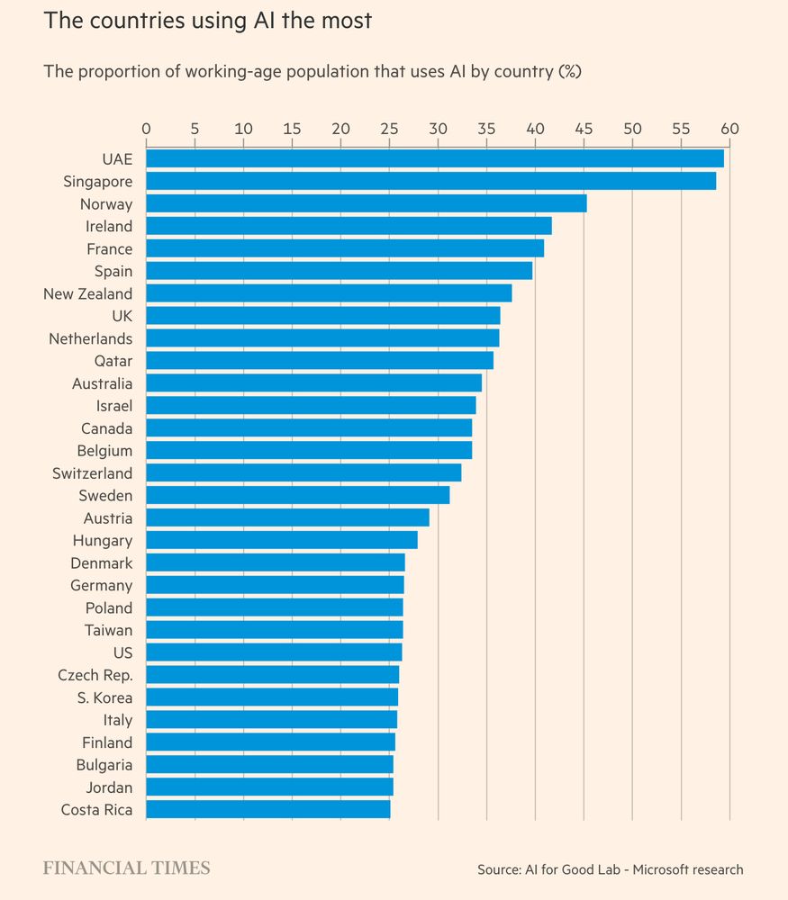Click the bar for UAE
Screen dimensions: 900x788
point(434,159)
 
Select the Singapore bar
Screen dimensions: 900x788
point(430,182)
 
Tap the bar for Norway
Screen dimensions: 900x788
point(366,204)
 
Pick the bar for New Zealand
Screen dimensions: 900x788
point(329,293)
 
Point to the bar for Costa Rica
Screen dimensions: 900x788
point(267,810)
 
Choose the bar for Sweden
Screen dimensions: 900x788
point(297,496)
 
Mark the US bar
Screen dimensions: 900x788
point(274,652)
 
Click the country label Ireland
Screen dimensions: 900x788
point(109,227)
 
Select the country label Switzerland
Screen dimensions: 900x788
point(92,473)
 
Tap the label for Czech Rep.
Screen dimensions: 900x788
point(95,675)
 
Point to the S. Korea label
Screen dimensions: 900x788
point(104,697)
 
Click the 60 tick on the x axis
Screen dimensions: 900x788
point(729,129)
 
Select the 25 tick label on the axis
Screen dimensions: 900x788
point(389,129)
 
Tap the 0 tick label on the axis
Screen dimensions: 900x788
point(146,129)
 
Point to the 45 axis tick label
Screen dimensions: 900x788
point(584,129)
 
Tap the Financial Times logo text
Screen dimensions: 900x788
point(127,868)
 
